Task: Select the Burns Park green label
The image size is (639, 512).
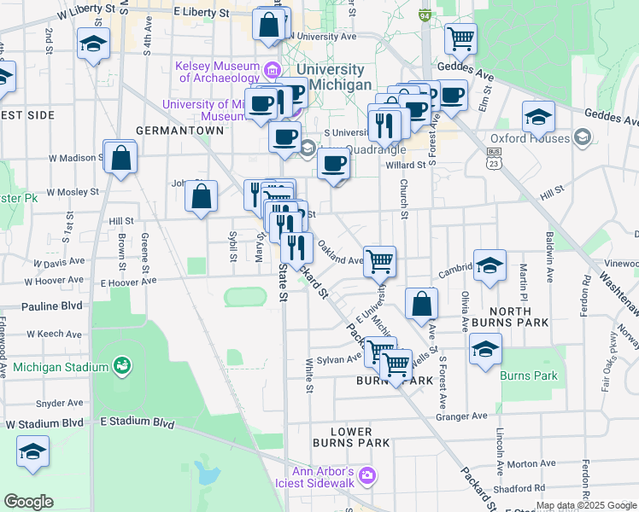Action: (x=528, y=375)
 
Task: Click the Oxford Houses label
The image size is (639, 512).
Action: (x=530, y=138)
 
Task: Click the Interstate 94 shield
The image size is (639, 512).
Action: (x=425, y=16)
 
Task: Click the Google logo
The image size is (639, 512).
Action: (x=28, y=502)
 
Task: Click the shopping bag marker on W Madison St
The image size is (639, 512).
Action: (x=121, y=157)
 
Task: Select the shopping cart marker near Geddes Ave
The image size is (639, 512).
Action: (x=460, y=38)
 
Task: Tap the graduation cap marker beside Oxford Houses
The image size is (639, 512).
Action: (x=538, y=116)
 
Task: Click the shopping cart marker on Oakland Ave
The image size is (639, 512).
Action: (x=380, y=260)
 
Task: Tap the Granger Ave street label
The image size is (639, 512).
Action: (x=461, y=416)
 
